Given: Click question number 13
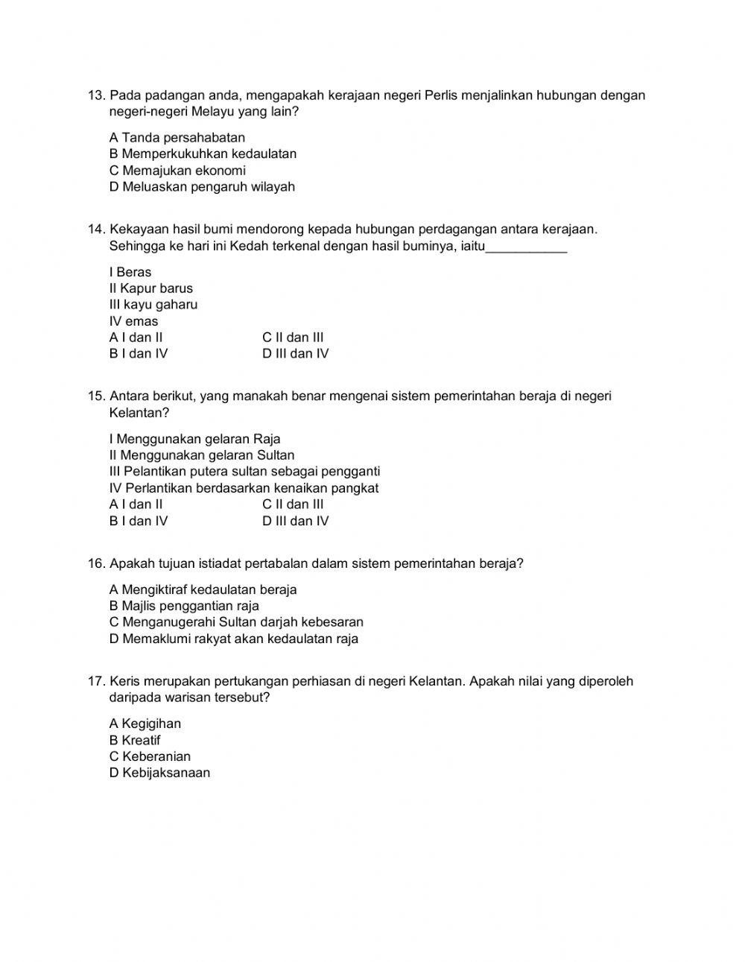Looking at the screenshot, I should point(96,95).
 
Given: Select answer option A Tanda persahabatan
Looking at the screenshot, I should point(177,138).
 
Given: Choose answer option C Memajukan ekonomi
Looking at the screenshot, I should point(177,171).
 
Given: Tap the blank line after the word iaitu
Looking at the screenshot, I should point(526,247).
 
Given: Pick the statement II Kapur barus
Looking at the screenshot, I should point(150,288).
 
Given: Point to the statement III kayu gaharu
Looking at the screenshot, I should point(153,305).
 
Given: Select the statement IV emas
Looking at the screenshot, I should point(133,321).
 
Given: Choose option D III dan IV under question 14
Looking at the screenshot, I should point(295,354).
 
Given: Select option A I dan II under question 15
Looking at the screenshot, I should point(136,504).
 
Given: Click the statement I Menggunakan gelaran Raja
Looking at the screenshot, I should point(194,439).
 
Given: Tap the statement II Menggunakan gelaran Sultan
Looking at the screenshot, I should point(201,455).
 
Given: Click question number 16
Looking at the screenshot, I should point(96,564).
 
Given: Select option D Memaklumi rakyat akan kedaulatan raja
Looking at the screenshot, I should point(233,639).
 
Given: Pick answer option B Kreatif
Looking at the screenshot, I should point(134,741).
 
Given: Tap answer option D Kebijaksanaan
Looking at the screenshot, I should point(159,773).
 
